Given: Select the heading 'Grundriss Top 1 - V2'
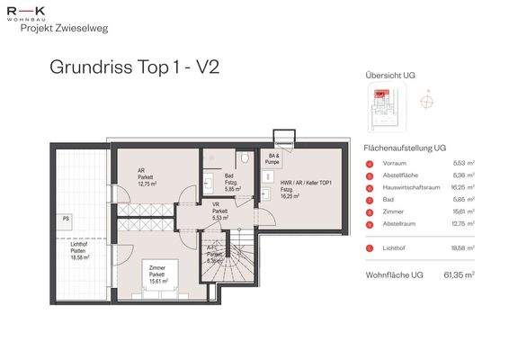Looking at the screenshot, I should (134, 67).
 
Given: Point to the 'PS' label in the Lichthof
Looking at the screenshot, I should (67, 219).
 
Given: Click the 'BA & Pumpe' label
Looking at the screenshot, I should (273, 158).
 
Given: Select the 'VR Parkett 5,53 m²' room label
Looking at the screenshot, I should (219, 211).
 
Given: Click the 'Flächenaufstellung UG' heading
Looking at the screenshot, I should (404, 146).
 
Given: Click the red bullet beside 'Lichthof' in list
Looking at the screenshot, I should (369, 248).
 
